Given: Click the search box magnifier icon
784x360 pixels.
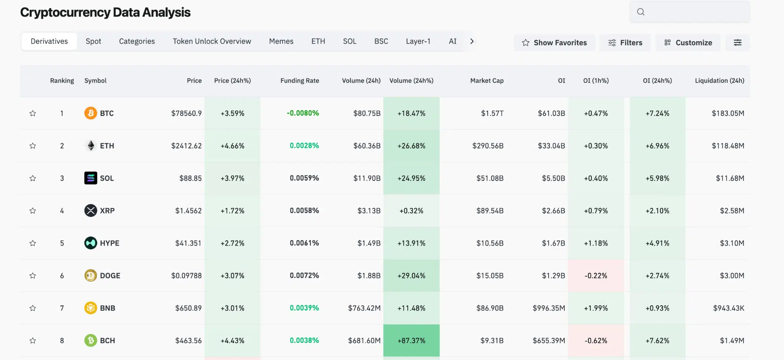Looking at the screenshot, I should [640, 12].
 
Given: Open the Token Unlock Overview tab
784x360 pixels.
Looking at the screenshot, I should [212, 41].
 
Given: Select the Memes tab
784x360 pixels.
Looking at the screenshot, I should [281, 41].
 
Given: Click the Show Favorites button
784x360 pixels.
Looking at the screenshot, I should [554, 42].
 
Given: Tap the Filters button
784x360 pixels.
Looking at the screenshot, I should [625, 42].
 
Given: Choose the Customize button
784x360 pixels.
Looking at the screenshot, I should [688, 42].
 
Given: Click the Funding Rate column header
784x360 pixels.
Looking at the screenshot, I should [299, 81].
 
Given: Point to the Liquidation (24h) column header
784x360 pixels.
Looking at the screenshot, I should [719, 81].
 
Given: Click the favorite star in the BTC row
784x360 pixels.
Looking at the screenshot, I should [33, 113].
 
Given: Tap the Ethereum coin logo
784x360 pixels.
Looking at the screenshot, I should [91, 146].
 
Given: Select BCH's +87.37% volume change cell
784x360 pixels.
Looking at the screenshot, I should [411, 340].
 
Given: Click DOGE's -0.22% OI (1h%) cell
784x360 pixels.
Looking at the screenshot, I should [596, 276].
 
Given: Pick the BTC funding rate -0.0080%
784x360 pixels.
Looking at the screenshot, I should [302, 113].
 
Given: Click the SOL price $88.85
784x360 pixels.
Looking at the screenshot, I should [190, 178].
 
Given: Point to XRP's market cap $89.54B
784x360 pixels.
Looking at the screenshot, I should [490, 211].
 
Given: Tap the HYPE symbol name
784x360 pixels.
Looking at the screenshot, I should [109, 243].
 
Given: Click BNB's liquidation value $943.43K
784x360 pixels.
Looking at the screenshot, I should [728, 308].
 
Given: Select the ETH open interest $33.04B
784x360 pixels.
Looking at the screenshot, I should [551, 146].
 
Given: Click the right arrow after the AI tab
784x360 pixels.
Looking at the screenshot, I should [472, 41].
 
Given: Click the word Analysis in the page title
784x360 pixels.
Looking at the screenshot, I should [166, 12].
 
